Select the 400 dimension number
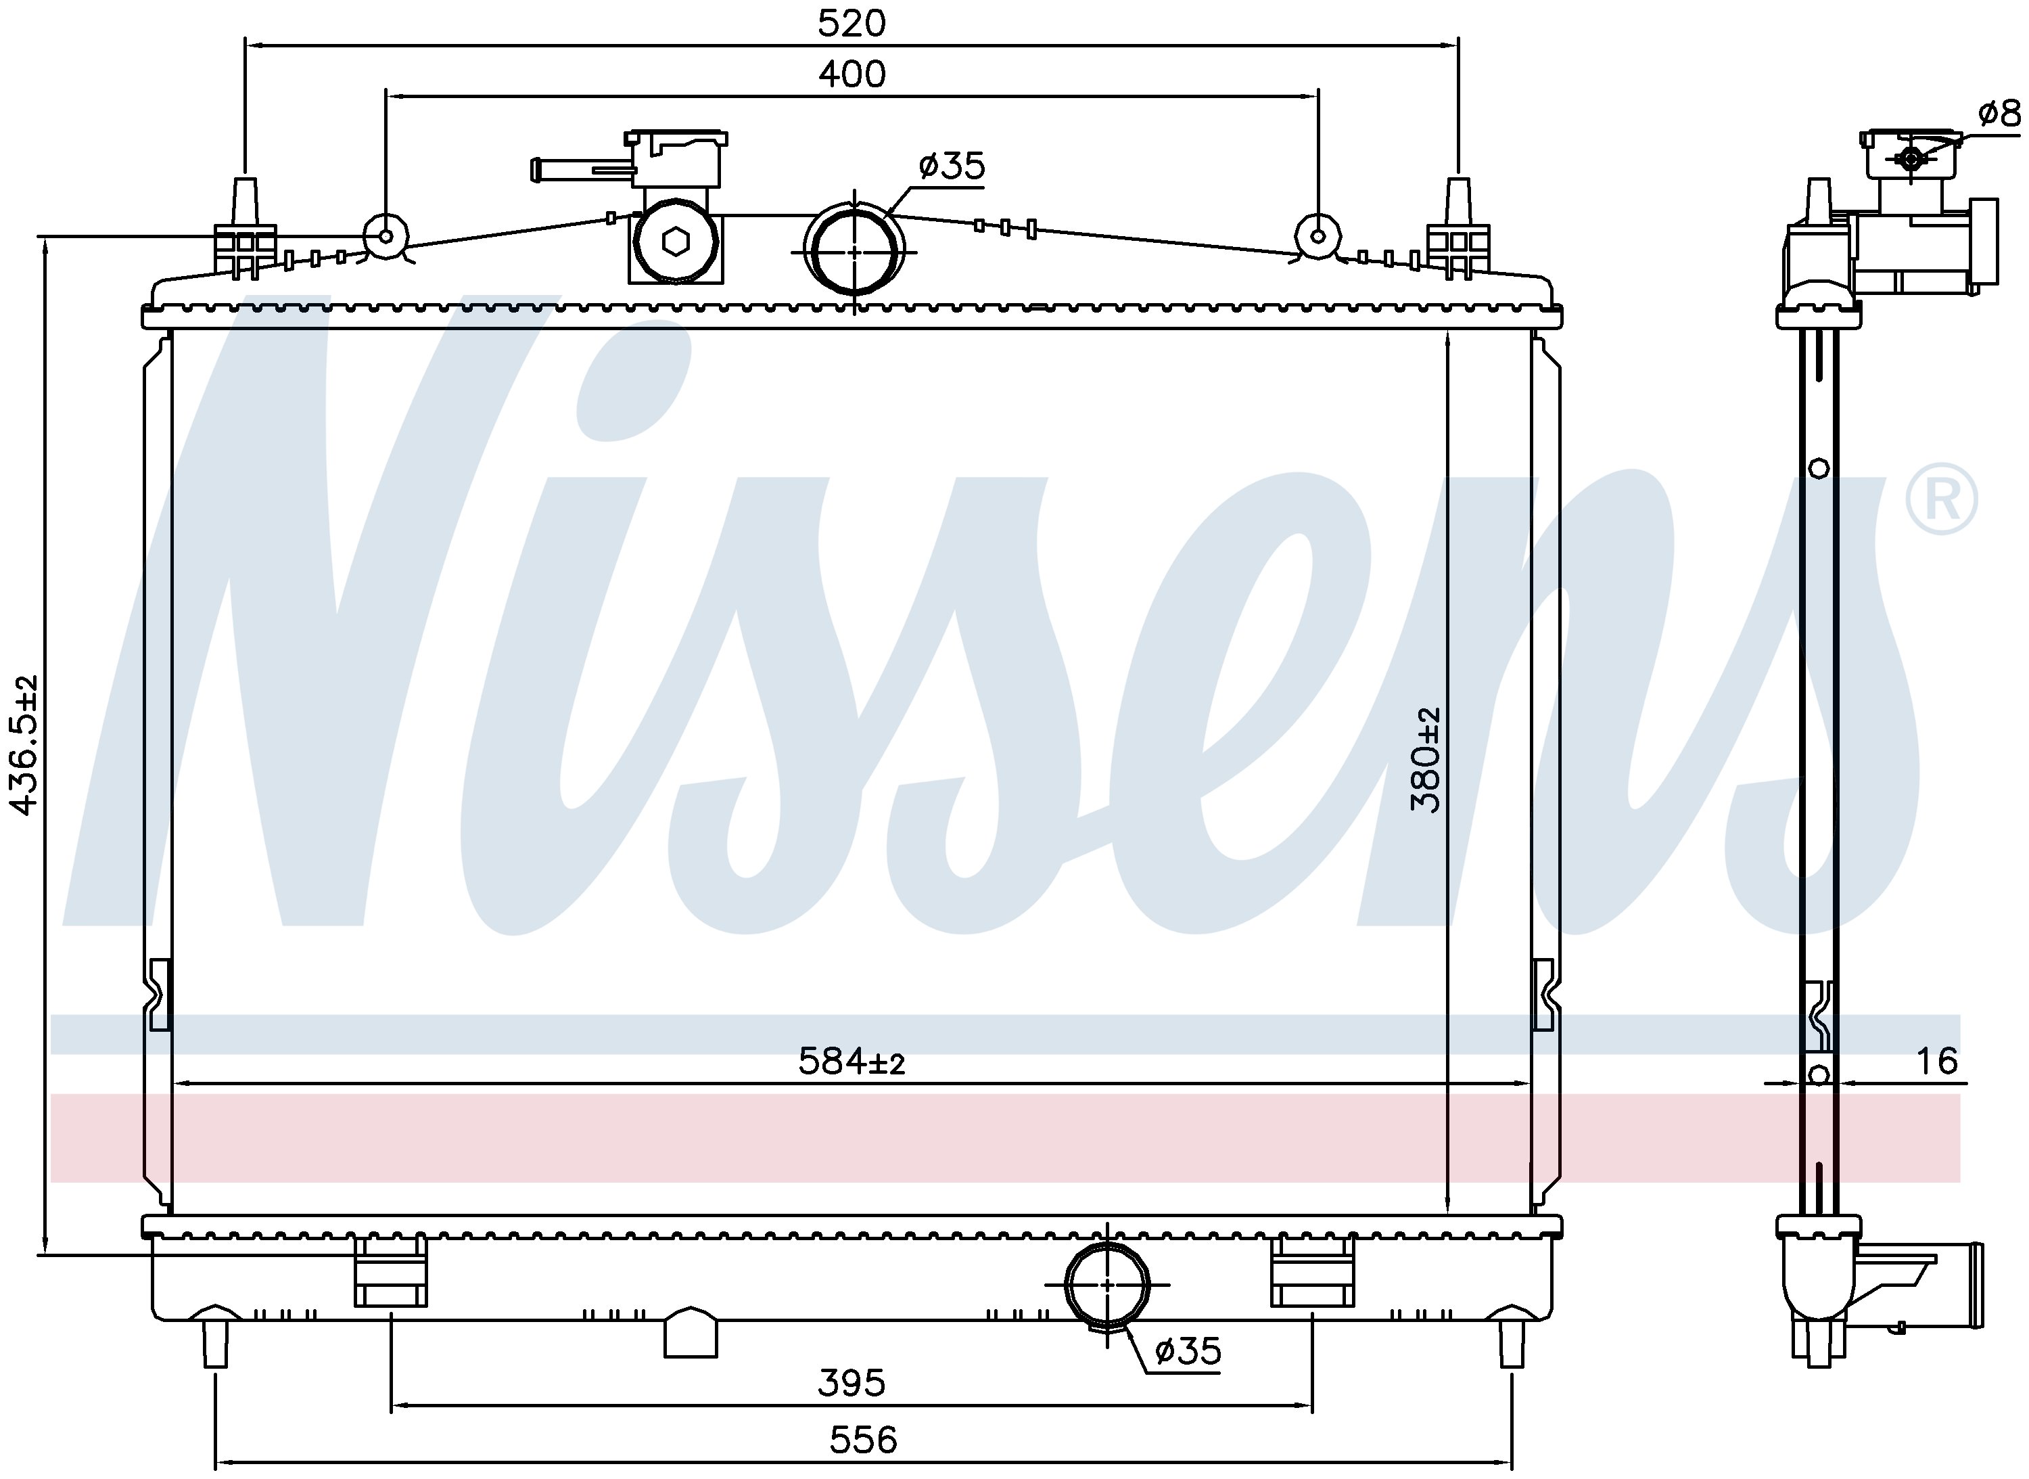(x=852, y=74)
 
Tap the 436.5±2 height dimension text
(x=24, y=745)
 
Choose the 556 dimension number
(x=863, y=1440)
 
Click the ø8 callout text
(x=1999, y=114)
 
